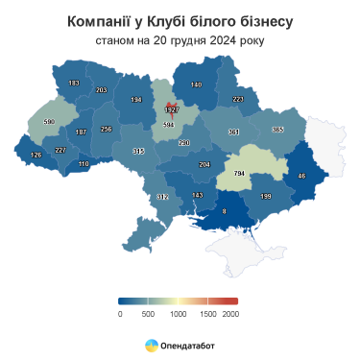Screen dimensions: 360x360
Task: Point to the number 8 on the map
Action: pyautogui.click(x=225, y=210)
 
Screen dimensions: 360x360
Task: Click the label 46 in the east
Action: pyautogui.click(x=301, y=176)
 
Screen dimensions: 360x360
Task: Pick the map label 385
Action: pyautogui.click(x=277, y=130)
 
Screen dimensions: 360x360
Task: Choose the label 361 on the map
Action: pyautogui.click(x=233, y=132)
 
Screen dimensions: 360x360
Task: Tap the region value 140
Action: pyautogui.click(x=196, y=85)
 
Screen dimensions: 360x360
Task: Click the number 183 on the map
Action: pyautogui.click(x=74, y=84)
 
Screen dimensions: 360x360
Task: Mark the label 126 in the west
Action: pyautogui.click(x=37, y=156)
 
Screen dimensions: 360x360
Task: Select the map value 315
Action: pyautogui.click(x=138, y=152)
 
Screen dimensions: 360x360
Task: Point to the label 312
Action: pyautogui.click(x=162, y=197)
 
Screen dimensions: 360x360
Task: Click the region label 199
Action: pyautogui.click(x=267, y=197)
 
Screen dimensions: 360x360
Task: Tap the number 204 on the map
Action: pyautogui.click(x=204, y=165)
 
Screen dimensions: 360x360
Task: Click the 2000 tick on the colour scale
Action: pyautogui.click(x=230, y=314)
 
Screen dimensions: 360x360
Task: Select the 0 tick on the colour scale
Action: pyautogui.click(x=120, y=314)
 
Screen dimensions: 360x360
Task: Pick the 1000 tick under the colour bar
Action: pyautogui.click(x=176, y=314)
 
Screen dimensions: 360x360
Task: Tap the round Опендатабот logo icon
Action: pyautogui.click(x=152, y=343)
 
